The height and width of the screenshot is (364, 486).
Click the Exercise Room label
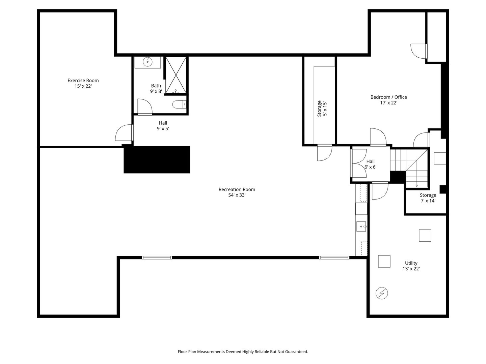pos(83,81)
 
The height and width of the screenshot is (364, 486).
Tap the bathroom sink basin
pos(147,62)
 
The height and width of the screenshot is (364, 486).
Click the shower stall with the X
pos(176,75)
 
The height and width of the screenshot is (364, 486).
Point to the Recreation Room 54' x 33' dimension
pos(237,195)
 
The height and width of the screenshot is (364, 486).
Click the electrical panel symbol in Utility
pos(382,293)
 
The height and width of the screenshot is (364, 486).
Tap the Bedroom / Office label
pos(388,97)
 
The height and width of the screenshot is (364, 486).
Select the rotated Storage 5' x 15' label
pos(322,109)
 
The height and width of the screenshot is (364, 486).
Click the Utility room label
pos(411,263)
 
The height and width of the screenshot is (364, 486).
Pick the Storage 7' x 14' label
pos(428,198)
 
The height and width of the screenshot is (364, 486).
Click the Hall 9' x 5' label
pos(163,126)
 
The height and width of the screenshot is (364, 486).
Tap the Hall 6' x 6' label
pos(371,164)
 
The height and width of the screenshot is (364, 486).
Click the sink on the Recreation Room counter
pos(361,226)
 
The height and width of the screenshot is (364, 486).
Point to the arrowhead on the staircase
pos(417,186)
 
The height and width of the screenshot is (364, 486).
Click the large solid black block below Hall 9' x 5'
pos(157,159)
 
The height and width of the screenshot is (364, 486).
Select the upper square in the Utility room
pos(425,235)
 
